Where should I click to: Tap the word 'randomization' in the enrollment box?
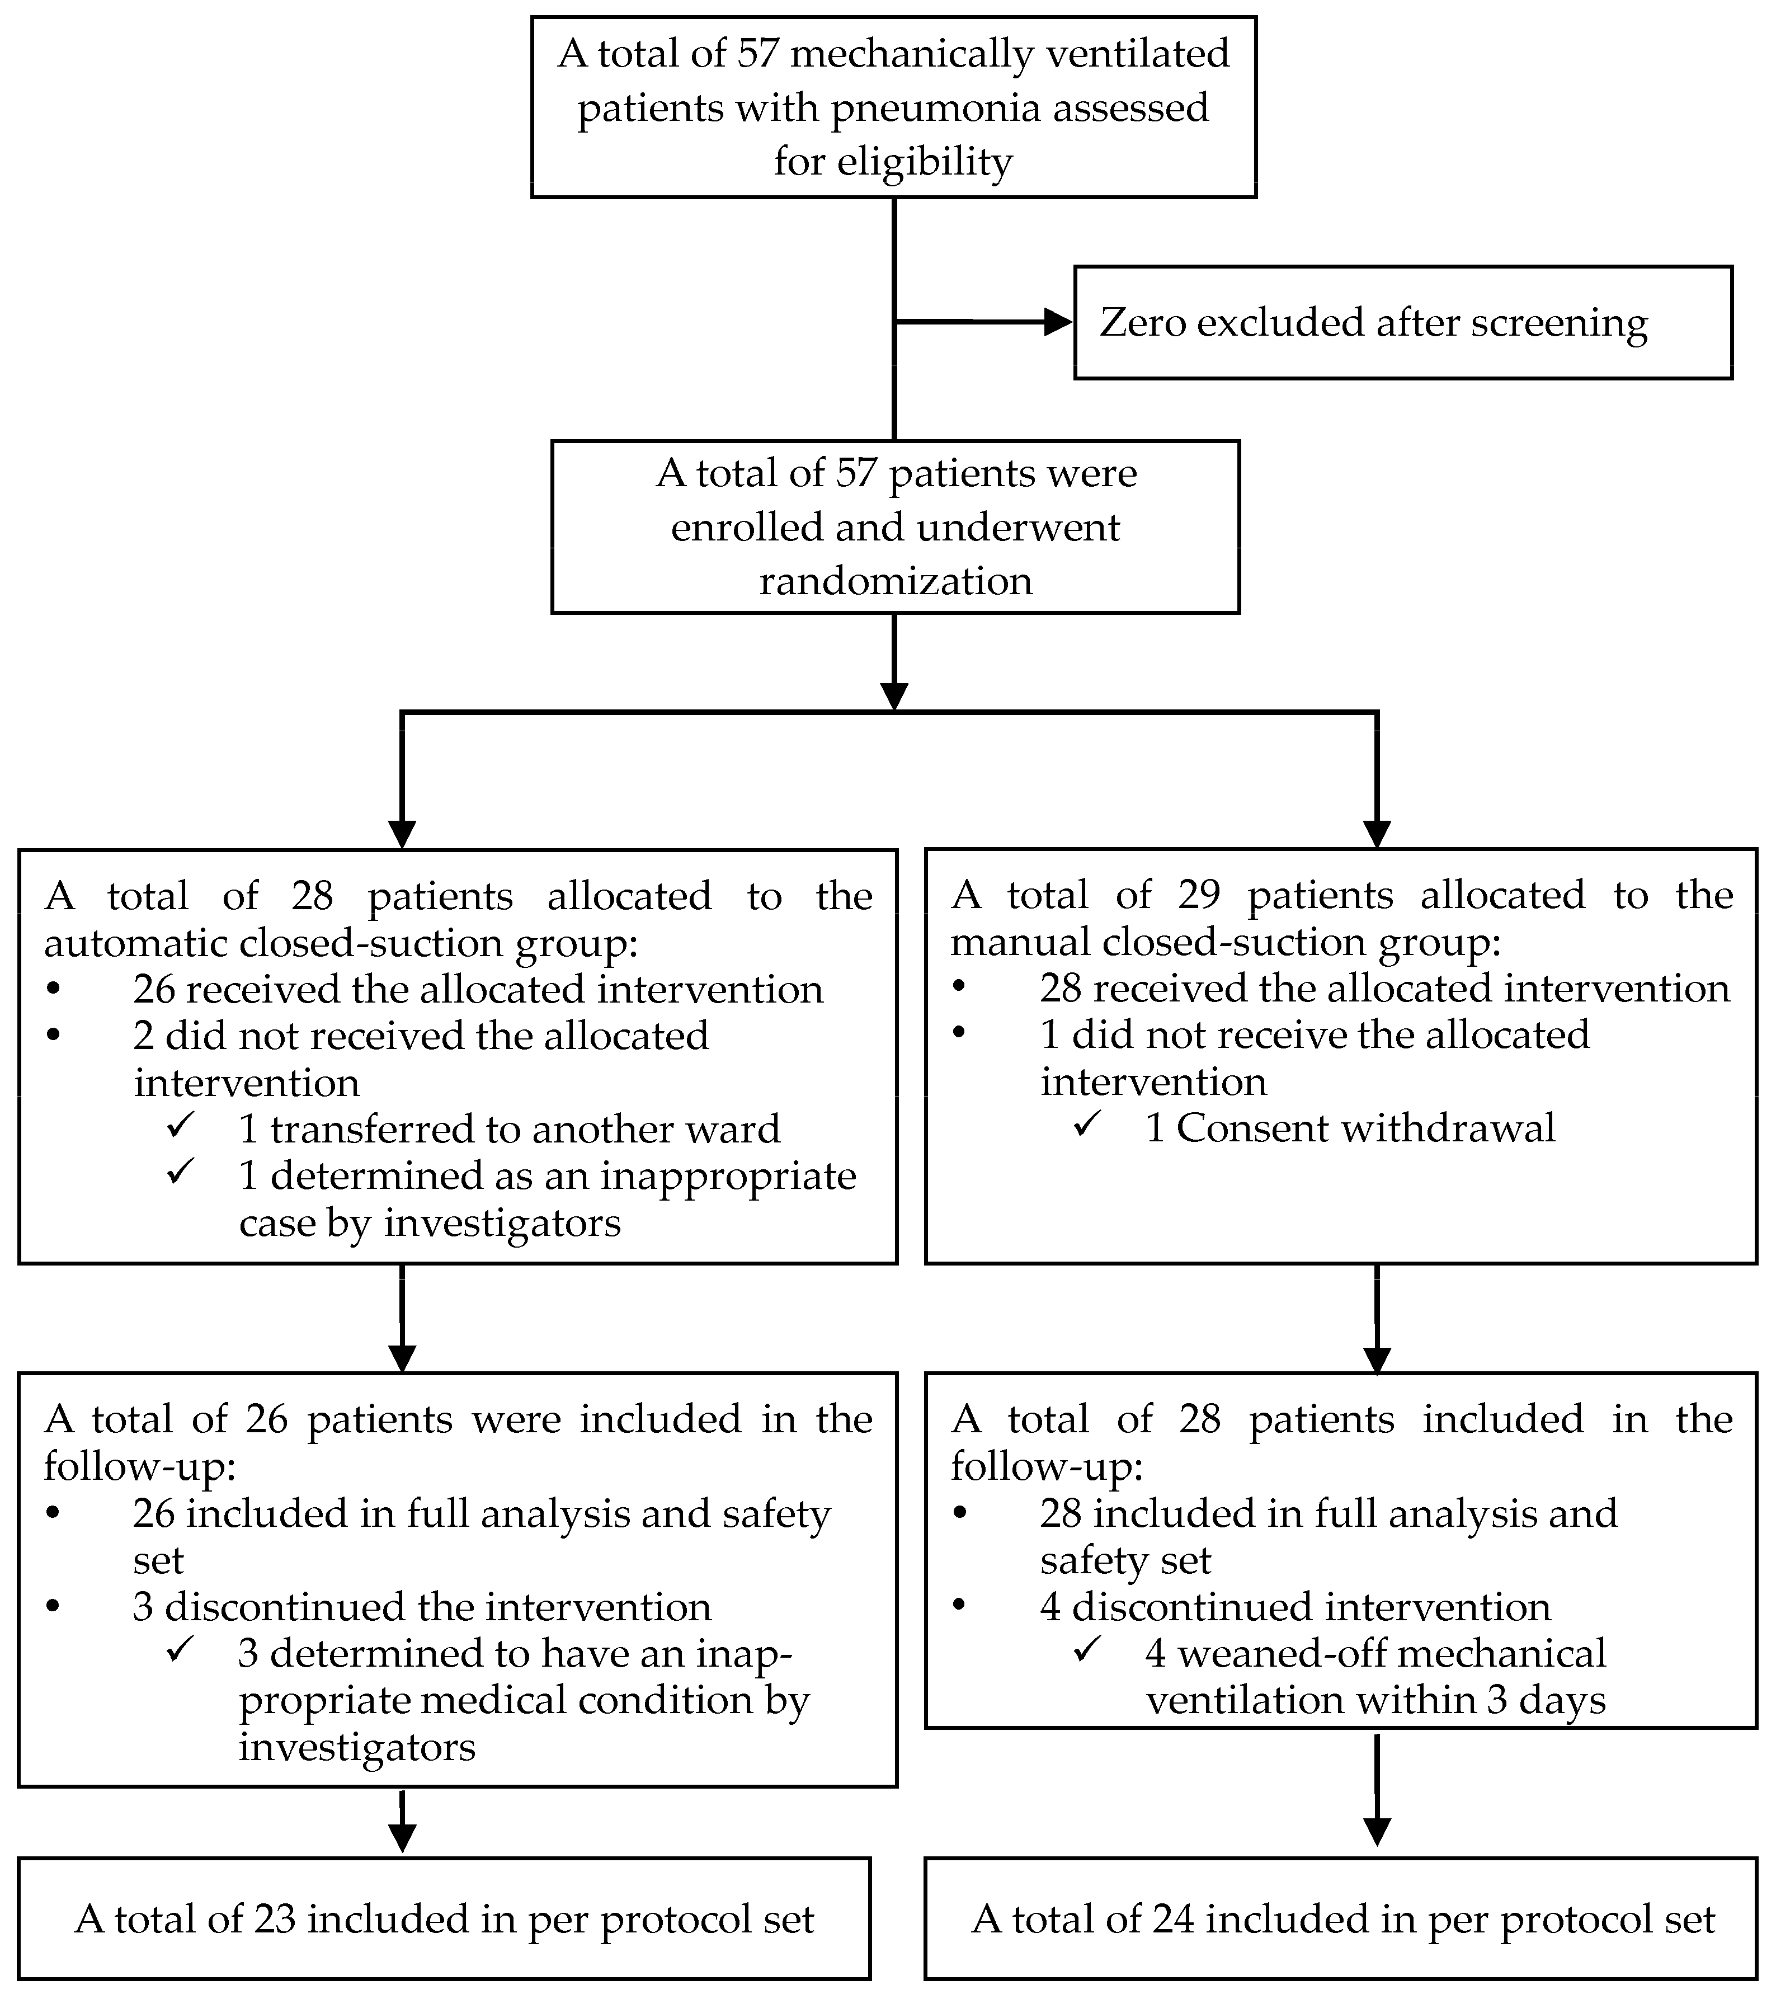click(895, 581)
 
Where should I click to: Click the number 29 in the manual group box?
click(1199, 895)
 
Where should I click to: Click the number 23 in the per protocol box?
click(275, 1920)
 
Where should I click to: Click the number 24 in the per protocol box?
click(1172, 1920)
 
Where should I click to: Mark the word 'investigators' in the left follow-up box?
click(357, 1748)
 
